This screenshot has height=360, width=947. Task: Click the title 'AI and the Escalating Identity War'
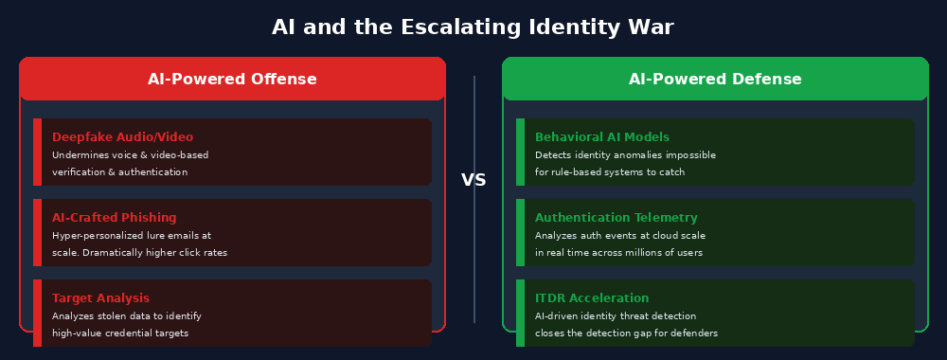coord(473,27)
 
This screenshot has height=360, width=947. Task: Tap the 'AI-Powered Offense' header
coord(232,80)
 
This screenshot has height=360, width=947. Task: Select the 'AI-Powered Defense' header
coord(715,80)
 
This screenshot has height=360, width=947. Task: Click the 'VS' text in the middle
coord(473,180)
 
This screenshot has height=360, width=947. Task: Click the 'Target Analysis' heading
coord(100,298)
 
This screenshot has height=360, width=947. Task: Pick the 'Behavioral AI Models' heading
coord(602,137)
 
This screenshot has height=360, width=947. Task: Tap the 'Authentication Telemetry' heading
coord(616,218)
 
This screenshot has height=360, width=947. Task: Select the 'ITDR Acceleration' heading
coord(592,298)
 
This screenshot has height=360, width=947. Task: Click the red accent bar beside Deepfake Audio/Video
coord(37,152)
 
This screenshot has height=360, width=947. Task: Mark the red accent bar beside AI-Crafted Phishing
coord(37,232)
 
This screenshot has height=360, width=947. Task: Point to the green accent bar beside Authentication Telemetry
coord(520,232)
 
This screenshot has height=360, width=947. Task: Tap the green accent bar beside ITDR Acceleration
coord(520,313)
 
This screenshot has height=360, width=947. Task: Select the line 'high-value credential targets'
coord(120,333)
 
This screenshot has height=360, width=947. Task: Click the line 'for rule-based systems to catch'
coord(610,172)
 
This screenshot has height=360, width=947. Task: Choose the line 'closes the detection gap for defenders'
coord(626,333)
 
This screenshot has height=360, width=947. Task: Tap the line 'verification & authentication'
coord(119,172)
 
